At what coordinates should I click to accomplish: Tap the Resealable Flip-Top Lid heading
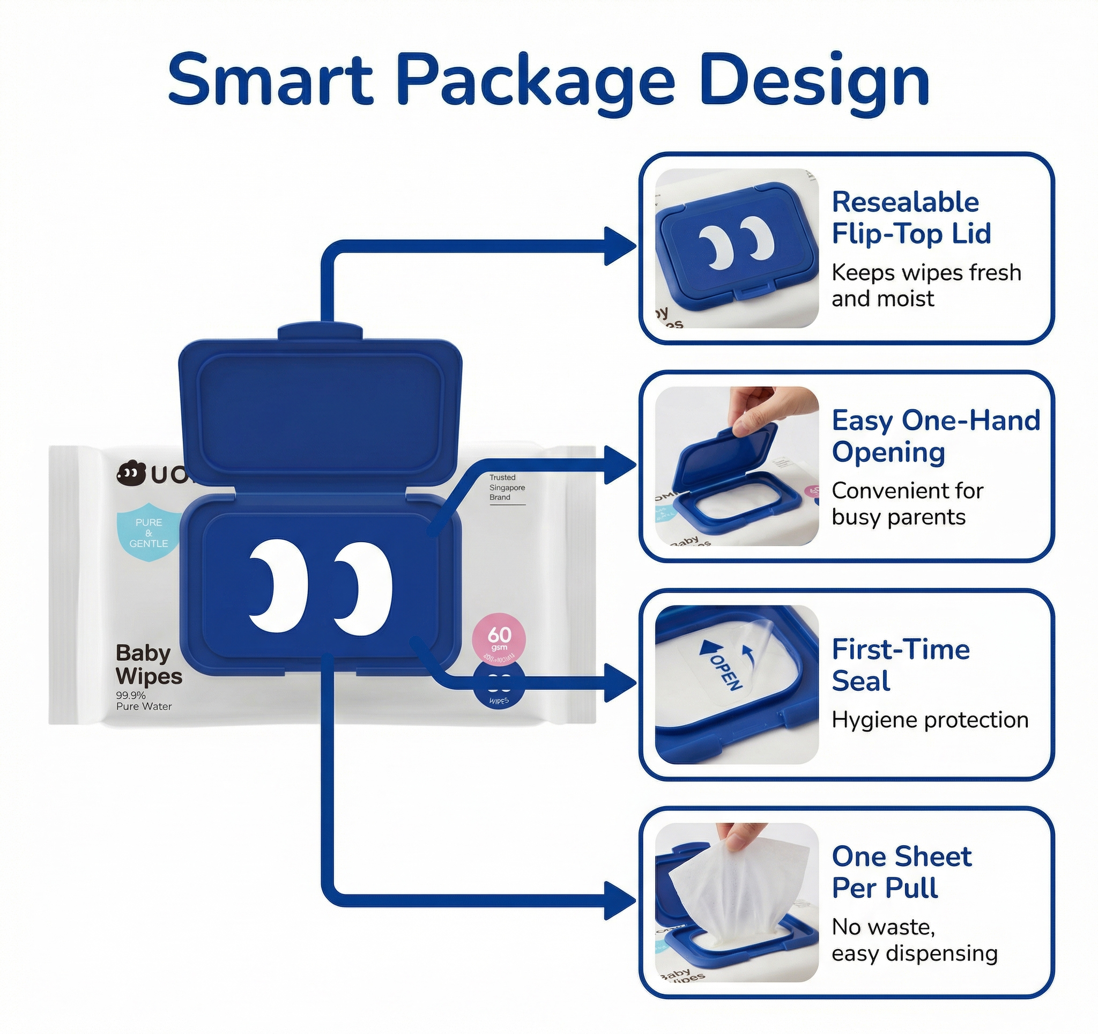911,217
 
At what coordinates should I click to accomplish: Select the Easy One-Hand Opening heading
936,436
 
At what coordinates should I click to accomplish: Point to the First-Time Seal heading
900,664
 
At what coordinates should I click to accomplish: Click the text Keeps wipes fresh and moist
926,285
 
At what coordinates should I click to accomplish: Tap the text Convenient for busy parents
907,504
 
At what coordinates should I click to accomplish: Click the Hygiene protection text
930,720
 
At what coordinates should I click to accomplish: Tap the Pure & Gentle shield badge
149,533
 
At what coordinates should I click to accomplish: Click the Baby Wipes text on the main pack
148,664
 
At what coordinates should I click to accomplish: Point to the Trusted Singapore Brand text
507,487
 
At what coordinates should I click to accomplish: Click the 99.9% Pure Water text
144,701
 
